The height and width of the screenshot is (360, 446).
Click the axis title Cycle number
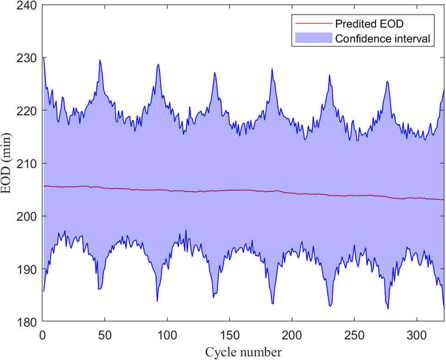(243, 352)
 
